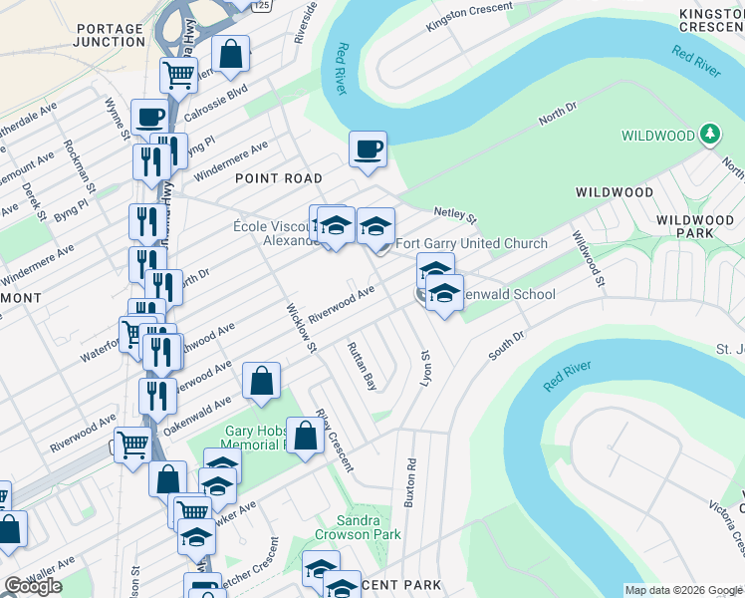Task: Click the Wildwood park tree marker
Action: (709, 134)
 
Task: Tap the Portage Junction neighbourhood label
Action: (110, 35)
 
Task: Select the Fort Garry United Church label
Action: (472, 244)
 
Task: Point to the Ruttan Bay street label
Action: (362, 365)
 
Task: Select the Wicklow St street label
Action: (301, 328)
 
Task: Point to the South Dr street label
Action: (506, 347)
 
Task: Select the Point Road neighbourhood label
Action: (279, 178)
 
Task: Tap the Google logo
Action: (33, 586)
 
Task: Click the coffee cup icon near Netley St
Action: (368, 149)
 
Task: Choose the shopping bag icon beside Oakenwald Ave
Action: (261, 381)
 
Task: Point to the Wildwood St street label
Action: (587, 256)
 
